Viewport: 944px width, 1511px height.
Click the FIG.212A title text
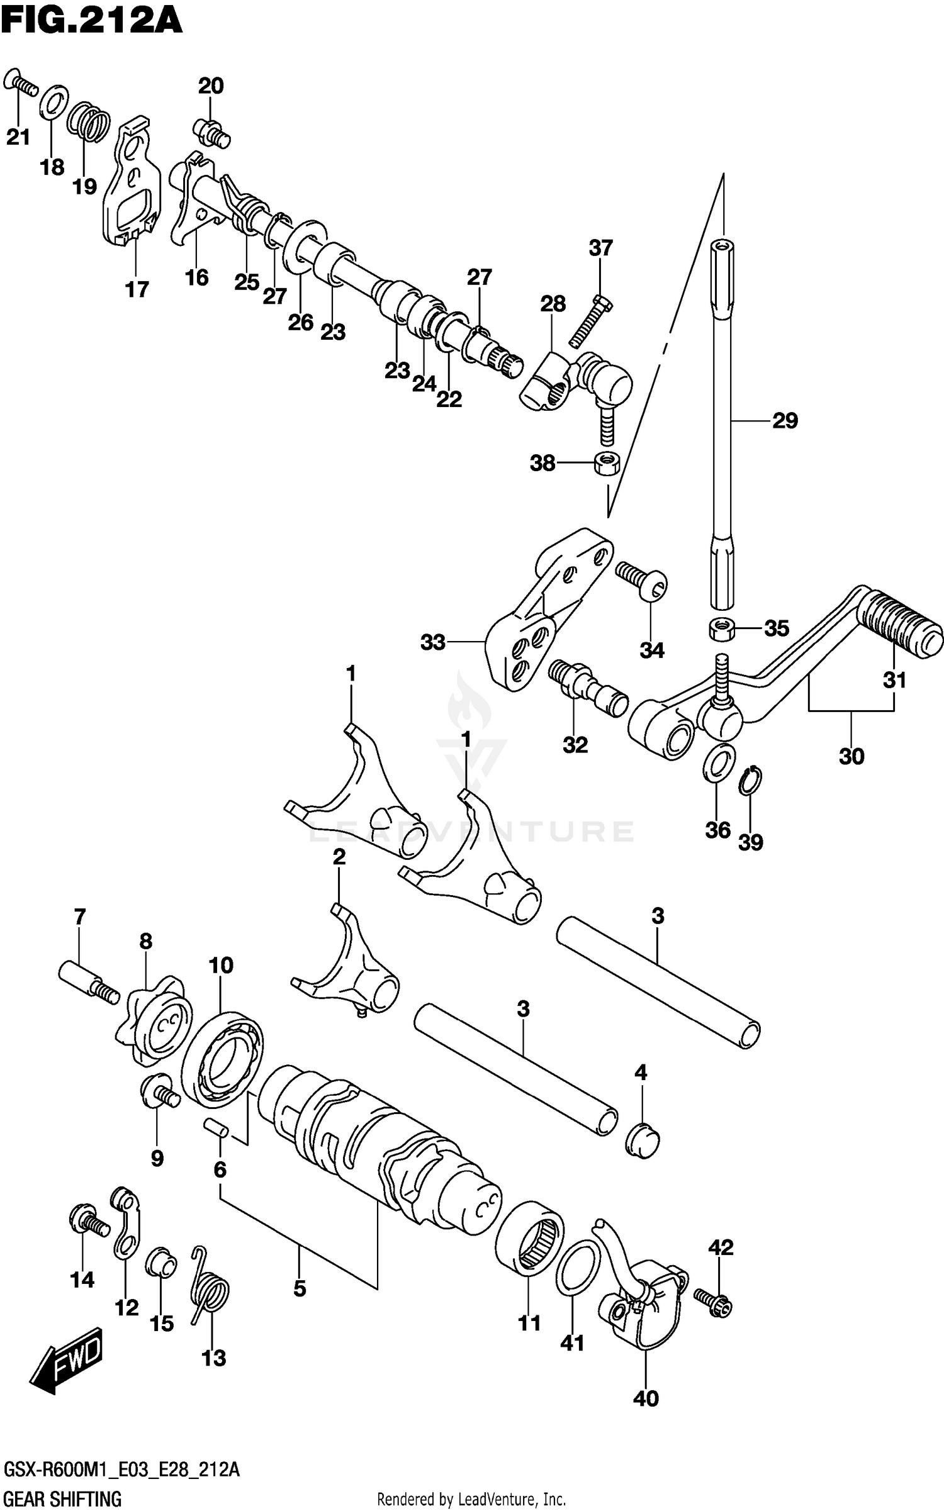click(x=91, y=20)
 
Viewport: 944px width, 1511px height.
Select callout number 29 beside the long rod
click(x=785, y=420)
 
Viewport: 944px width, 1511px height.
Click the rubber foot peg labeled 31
click(x=901, y=626)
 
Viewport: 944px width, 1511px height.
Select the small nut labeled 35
click(x=722, y=628)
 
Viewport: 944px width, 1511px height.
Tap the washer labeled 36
click(x=719, y=762)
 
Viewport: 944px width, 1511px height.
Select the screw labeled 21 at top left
click(x=21, y=84)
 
